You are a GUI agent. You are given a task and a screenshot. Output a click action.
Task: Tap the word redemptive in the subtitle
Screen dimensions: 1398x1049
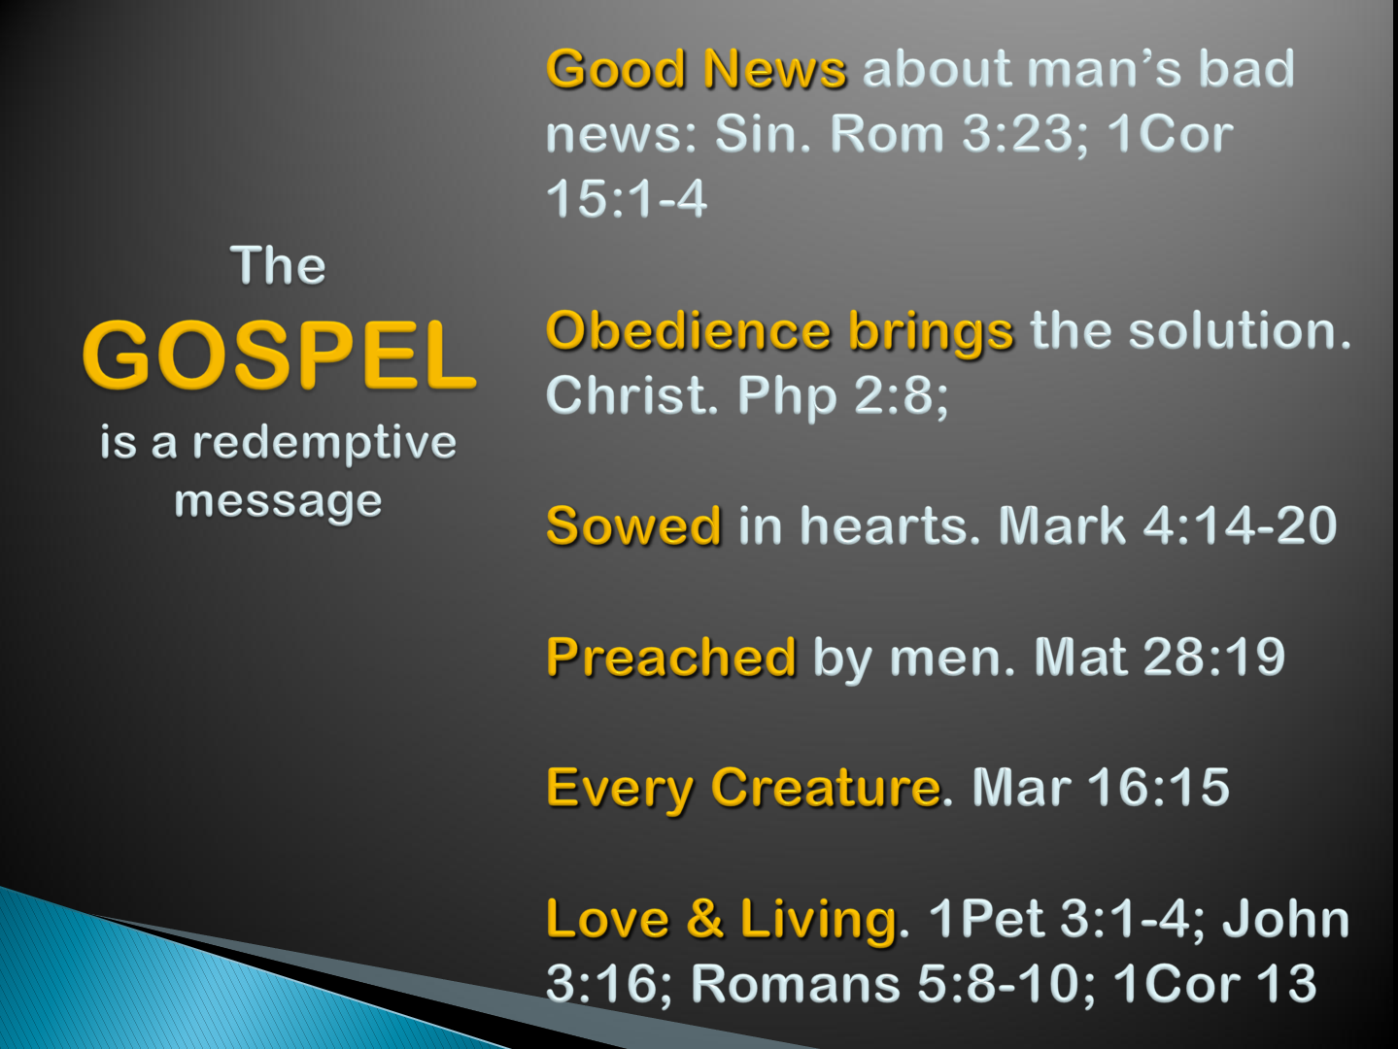324,444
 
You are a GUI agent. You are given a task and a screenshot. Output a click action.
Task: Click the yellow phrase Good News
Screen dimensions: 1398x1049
697,69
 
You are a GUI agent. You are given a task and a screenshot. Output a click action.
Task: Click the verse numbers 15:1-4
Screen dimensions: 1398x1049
627,198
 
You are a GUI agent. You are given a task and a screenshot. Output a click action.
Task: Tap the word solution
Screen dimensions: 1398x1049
1240,331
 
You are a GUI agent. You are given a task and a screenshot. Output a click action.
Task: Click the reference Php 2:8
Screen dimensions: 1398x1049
842,396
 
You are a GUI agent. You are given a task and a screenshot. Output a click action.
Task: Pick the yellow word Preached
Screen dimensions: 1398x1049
671,657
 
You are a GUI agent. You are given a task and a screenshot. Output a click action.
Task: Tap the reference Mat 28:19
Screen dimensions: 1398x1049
1160,657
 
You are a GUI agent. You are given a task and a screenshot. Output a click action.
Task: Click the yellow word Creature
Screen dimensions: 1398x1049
826,788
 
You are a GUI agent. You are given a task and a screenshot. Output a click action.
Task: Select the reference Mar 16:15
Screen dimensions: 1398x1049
1101,788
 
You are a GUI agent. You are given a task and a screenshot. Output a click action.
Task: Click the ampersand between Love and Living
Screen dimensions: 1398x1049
705,919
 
